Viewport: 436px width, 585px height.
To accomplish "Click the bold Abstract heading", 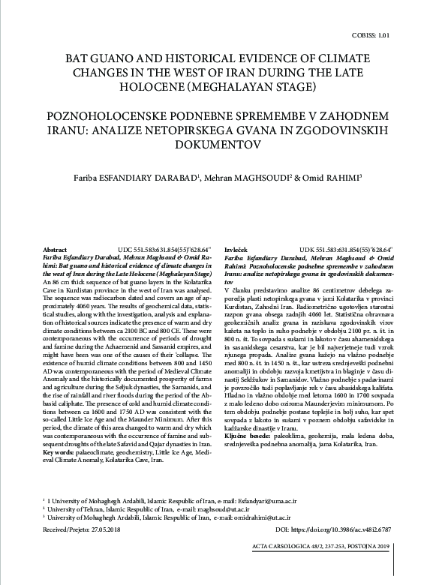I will click(55, 248).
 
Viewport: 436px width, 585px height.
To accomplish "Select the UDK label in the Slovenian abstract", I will click(308, 248).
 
